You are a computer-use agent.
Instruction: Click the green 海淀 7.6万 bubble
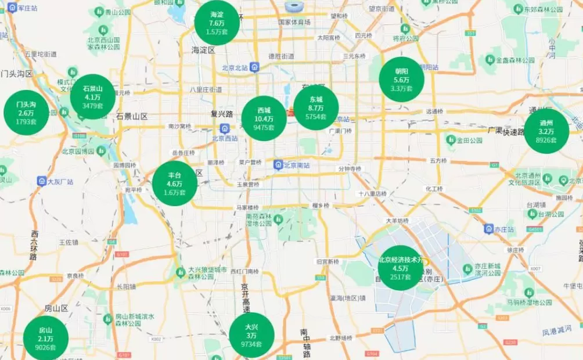point(217,23)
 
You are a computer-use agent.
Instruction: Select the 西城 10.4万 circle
point(264,118)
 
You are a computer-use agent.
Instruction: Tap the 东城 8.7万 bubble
point(316,108)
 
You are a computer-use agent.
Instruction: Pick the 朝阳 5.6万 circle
point(401,80)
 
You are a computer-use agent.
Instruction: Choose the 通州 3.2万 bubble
point(546,131)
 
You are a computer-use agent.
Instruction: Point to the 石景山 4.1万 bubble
point(92,97)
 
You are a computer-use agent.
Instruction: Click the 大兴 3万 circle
point(251,335)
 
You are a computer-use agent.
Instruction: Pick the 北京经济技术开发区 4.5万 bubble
point(401,268)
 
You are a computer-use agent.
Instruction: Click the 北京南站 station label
point(297,165)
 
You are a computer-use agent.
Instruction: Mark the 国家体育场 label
point(294,22)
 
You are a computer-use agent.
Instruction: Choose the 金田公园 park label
point(469,140)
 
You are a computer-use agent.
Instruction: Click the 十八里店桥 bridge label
point(372,194)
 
